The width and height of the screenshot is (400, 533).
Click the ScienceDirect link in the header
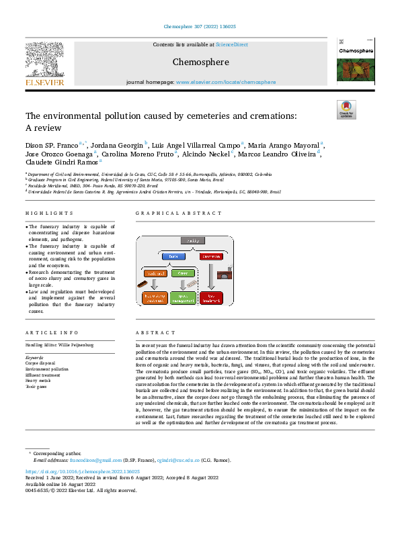[x=231, y=44]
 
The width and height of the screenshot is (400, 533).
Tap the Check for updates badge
[x=346, y=109]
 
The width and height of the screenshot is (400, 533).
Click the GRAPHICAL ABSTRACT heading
[x=178, y=213]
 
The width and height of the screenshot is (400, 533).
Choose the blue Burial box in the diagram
[x=174, y=256]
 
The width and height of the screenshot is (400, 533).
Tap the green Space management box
[x=182, y=295]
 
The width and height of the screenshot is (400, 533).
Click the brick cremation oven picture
[x=230, y=273]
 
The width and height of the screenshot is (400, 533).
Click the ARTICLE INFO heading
[x=46, y=334]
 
